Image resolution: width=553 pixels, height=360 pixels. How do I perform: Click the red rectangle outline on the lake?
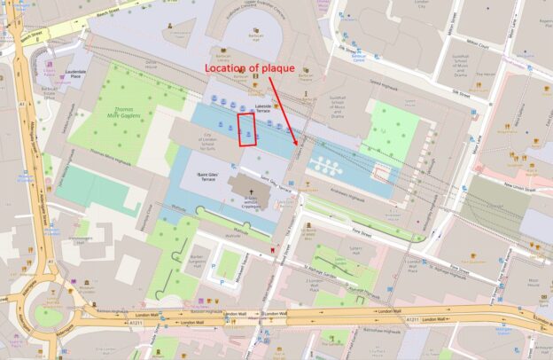pos(248,129)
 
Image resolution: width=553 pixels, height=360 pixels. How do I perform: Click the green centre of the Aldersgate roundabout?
pos(49,317)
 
